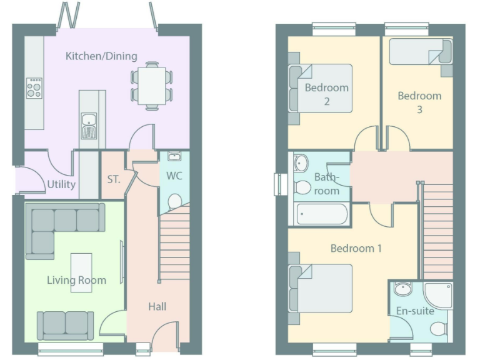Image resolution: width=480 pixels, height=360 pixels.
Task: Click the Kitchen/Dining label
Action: pyautogui.click(x=101, y=56)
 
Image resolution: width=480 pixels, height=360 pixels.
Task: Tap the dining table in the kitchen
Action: pyautogui.click(x=151, y=86)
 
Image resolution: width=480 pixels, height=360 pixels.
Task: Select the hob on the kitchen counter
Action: pyautogui.click(x=34, y=87)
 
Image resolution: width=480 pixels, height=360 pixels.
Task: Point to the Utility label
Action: pyautogui.click(x=61, y=184)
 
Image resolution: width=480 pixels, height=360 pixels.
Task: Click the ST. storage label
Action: pyautogui.click(x=113, y=179)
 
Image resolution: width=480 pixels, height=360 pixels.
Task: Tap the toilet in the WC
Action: pyautogui.click(x=174, y=200)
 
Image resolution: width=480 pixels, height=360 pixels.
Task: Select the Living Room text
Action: pyautogui.click(x=76, y=280)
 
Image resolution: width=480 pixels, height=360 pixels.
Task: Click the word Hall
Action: pyautogui.click(x=157, y=306)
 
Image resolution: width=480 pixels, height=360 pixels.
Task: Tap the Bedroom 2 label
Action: pyautogui.click(x=326, y=94)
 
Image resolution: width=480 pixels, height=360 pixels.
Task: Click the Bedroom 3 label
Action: pyautogui.click(x=419, y=102)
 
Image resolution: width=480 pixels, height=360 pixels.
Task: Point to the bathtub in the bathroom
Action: pyautogui.click(x=321, y=215)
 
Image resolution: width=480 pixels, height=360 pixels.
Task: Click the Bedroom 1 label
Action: pyautogui.click(x=356, y=249)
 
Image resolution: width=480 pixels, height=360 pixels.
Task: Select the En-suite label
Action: pyautogui.click(x=415, y=311)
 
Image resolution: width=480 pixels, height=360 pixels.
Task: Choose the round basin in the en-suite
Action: pyautogui.click(x=403, y=289)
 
